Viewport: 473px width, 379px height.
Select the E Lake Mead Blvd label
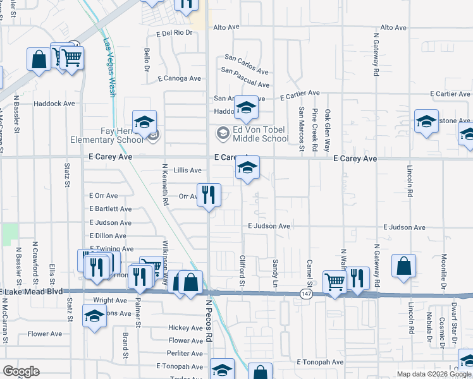34,291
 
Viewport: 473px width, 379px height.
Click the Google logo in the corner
21,371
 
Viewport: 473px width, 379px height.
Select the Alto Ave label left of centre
226,27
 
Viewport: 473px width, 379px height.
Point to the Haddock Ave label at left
54,104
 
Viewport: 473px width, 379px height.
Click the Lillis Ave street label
188,171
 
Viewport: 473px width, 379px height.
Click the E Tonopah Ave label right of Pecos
319,363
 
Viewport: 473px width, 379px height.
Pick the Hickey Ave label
185,328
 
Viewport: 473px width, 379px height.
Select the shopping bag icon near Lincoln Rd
403,266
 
